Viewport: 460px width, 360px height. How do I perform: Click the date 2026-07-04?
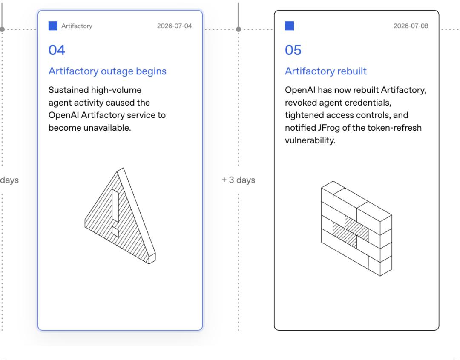(x=174, y=26)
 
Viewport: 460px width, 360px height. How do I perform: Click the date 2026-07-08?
(x=411, y=26)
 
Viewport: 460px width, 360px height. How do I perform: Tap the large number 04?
(x=57, y=50)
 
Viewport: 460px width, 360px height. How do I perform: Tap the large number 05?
(x=293, y=50)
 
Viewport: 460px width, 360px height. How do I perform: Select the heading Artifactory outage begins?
(x=107, y=71)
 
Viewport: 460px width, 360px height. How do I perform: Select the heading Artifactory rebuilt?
(x=326, y=71)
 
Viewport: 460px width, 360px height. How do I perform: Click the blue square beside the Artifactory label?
(x=53, y=26)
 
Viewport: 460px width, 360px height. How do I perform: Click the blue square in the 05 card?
(x=290, y=26)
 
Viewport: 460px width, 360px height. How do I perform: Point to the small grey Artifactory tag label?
(x=77, y=26)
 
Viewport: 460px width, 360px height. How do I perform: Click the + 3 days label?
(x=238, y=180)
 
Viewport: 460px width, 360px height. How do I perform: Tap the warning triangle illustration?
(x=120, y=216)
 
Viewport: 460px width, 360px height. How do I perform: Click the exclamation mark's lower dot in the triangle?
(x=115, y=231)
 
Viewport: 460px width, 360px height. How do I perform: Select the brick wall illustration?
(x=357, y=229)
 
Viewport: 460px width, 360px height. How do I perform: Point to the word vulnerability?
(x=310, y=140)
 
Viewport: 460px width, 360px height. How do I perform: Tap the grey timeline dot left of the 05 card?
(x=239, y=29)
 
